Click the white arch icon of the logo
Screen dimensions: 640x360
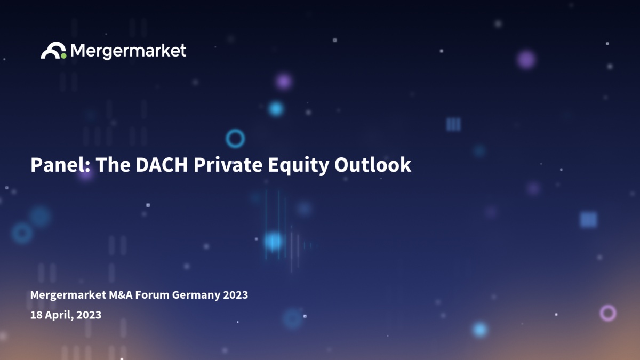click(x=53, y=46)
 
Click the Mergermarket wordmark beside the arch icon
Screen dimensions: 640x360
click(x=129, y=51)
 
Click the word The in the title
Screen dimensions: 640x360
click(x=113, y=165)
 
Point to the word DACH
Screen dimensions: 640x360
click(x=162, y=165)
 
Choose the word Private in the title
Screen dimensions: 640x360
click(x=228, y=165)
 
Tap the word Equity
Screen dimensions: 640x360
click(x=298, y=165)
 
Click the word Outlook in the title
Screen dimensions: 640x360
click(x=373, y=165)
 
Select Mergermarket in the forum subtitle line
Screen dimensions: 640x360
click(x=68, y=294)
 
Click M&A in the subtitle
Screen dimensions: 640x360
click(x=121, y=294)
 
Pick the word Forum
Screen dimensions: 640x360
click(x=152, y=294)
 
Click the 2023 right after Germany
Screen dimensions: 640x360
click(x=235, y=294)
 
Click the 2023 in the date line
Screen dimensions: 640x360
click(x=89, y=315)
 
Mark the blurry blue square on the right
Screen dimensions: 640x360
click(x=589, y=220)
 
